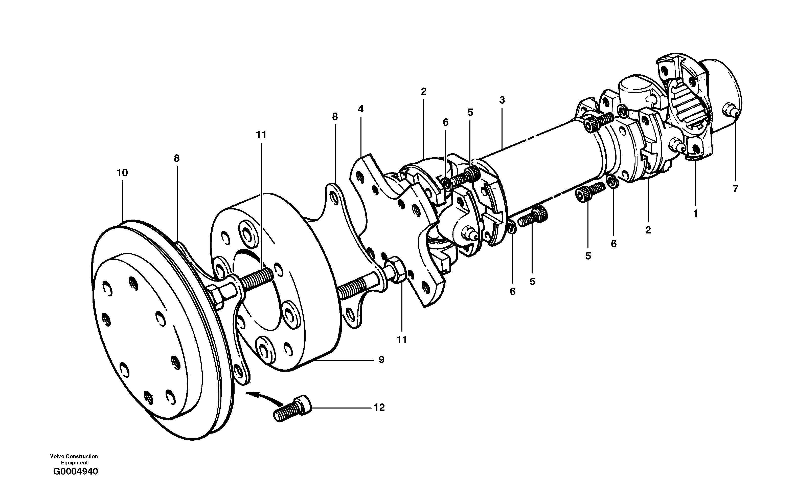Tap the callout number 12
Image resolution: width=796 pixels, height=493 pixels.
(379, 408)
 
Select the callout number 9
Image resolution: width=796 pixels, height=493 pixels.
(381, 360)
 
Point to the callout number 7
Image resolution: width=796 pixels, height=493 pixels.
(735, 189)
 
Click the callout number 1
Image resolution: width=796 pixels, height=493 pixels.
(695, 213)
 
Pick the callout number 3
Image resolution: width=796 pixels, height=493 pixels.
(502, 100)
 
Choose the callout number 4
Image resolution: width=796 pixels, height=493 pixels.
(360, 109)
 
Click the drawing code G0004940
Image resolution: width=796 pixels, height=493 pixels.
(75, 472)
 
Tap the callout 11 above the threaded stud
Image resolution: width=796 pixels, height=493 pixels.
(261, 135)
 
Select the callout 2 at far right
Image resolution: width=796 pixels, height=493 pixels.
(648, 230)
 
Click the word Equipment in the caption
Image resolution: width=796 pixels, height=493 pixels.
(74, 463)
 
